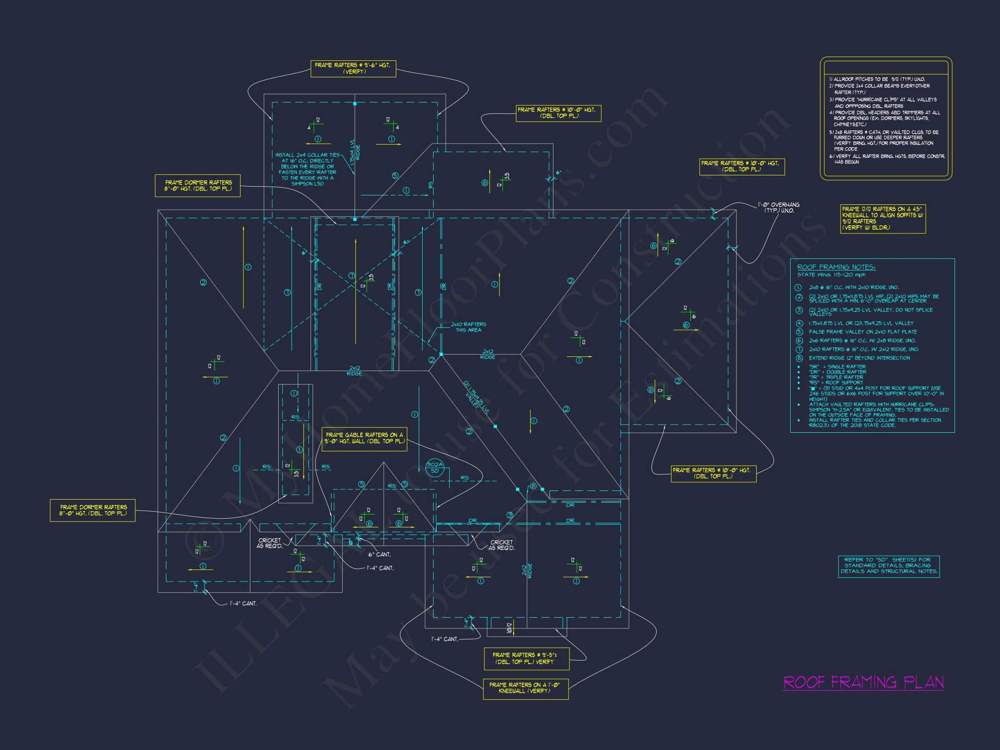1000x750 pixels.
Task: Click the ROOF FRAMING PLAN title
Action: click(x=863, y=682)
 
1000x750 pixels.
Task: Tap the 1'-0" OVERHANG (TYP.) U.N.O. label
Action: click(x=779, y=208)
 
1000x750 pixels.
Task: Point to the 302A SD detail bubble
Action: click(x=434, y=468)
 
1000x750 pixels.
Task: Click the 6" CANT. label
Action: click(x=379, y=554)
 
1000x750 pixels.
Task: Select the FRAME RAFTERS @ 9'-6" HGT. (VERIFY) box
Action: click(x=353, y=68)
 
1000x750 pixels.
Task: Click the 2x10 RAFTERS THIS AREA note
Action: click(x=468, y=327)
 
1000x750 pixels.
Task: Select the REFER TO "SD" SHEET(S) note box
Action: click(x=888, y=566)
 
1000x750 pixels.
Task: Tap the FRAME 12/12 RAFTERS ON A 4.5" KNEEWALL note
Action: click(x=882, y=219)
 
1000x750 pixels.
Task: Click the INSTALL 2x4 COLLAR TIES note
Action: click(x=307, y=169)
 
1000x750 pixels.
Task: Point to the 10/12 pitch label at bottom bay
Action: click(x=509, y=628)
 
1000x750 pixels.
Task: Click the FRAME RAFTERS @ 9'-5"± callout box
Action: click(x=526, y=658)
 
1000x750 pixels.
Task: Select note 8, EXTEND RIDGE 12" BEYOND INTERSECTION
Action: click(x=859, y=358)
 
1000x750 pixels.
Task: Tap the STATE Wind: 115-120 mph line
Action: click(x=831, y=275)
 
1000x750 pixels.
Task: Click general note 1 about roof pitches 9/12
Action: click(x=877, y=79)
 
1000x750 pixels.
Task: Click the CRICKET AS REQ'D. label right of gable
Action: click(x=502, y=545)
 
